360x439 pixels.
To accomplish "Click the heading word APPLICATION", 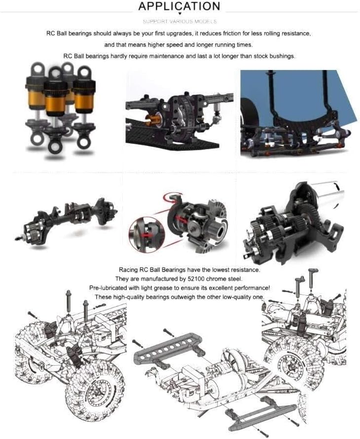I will [179, 6].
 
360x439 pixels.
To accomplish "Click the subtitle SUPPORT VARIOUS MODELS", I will [180, 22].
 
